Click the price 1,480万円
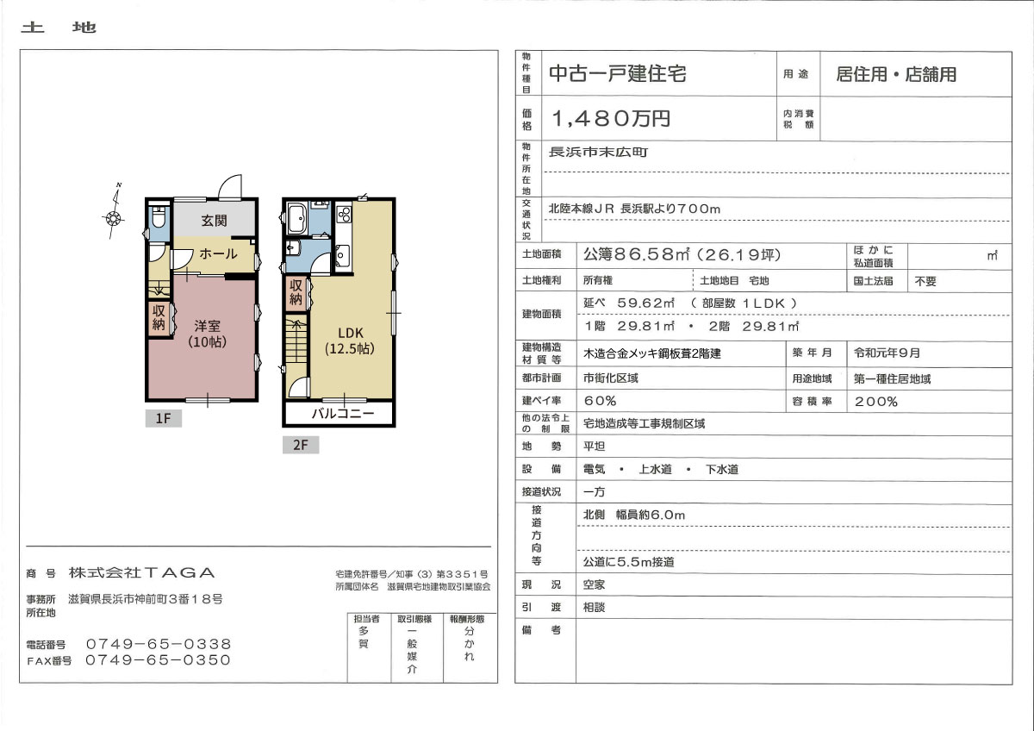611,119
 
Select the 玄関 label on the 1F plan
215,221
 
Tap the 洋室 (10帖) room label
208,334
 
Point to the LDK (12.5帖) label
350,341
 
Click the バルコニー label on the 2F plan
343,413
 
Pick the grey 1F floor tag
164,418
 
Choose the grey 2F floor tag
301,445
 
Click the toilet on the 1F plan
159,218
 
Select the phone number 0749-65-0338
159,644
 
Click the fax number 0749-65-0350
159,660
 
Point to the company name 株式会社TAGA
141,572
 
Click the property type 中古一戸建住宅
618,74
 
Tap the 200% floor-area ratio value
875,402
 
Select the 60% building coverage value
600,401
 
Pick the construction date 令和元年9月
887,353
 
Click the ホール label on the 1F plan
218,253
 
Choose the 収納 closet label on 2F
296,292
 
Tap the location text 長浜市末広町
599,152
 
